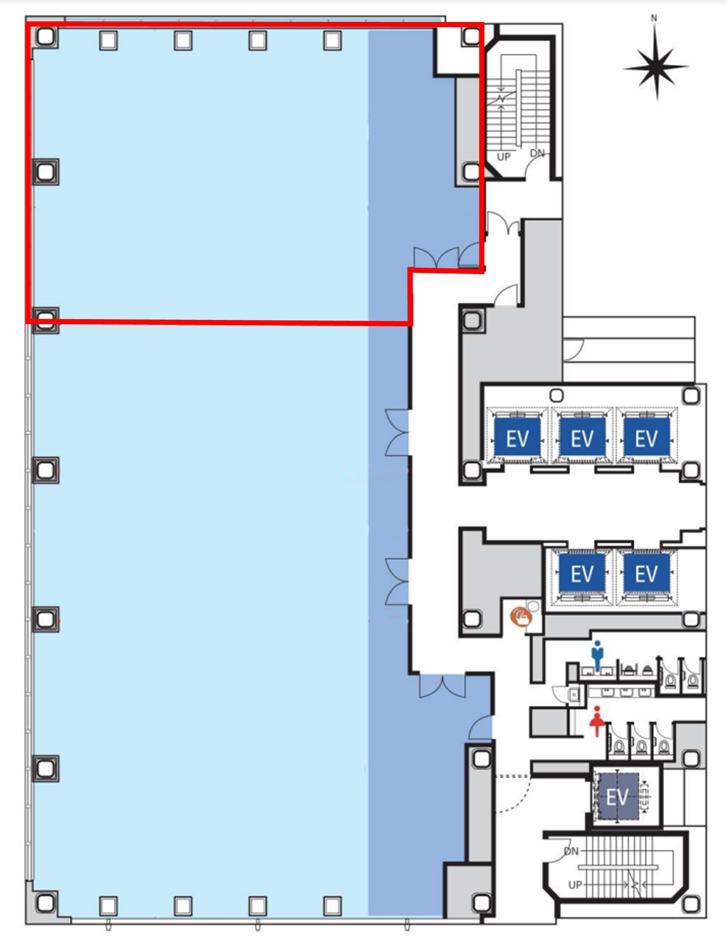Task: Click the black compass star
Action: (x=656, y=67)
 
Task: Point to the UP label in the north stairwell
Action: (x=503, y=157)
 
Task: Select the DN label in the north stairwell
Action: (x=537, y=153)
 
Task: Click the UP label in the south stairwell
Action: (x=575, y=885)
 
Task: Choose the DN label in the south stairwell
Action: (x=572, y=851)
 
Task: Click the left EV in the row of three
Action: (x=517, y=439)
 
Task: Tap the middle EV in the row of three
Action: (x=582, y=439)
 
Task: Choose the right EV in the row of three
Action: (x=646, y=439)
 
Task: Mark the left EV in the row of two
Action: (x=582, y=574)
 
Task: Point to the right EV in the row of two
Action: (x=646, y=574)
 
